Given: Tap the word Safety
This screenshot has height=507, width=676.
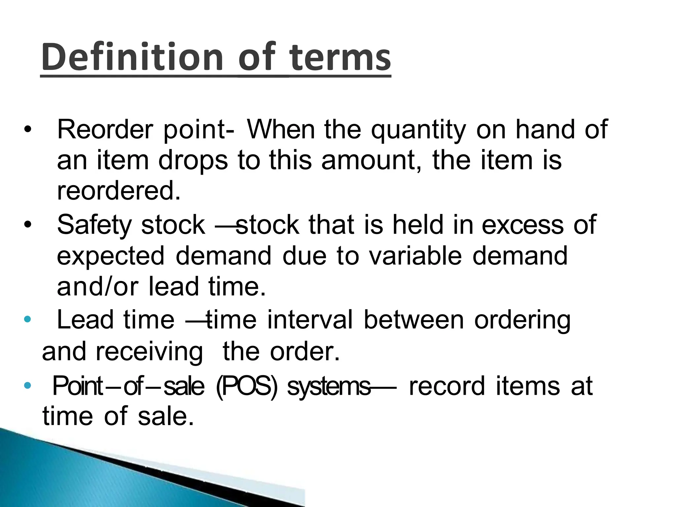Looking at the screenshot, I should coord(94,225).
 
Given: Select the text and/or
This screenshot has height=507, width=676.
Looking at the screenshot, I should coord(98,287).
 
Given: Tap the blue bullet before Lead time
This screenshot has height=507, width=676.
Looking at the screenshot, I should coord(28,319).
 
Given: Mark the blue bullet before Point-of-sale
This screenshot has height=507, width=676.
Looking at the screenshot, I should coord(28,385).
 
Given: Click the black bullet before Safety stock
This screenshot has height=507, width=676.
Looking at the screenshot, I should coord(28,225).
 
